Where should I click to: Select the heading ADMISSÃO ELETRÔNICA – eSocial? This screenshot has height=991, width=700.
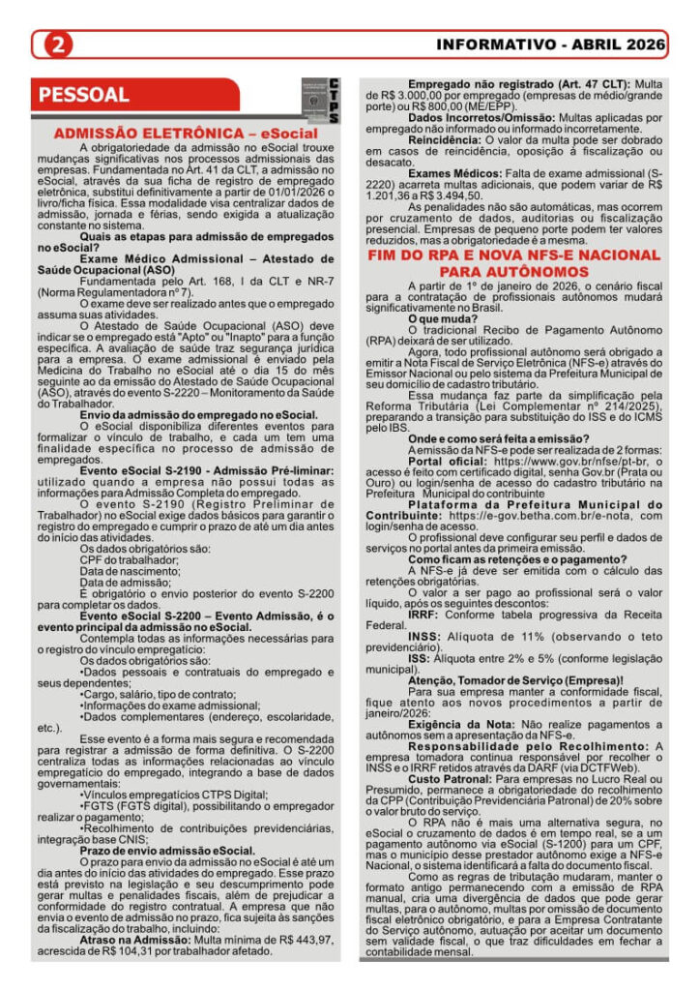point(186,132)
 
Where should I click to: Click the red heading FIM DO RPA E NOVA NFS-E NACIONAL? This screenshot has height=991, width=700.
point(513,255)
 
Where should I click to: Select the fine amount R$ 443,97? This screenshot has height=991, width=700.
point(306,939)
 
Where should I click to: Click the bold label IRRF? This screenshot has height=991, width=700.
point(425,614)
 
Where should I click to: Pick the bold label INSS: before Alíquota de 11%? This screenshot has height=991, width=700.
point(424,636)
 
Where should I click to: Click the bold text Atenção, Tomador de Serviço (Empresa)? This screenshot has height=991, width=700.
point(515,680)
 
